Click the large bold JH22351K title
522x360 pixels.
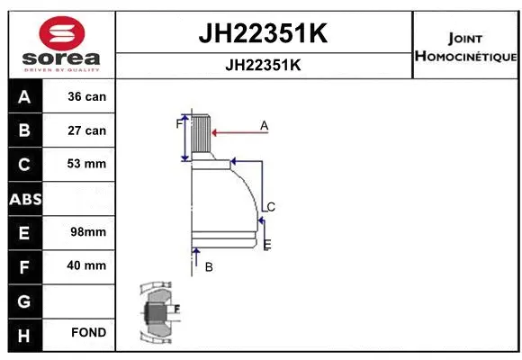(x=262, y=34)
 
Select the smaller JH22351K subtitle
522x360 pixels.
(x=262, y=65)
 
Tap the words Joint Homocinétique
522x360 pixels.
(x=464, y=48)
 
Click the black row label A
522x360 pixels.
(x=23, y=96)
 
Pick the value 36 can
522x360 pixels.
(x=86, y=96)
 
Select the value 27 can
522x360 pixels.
(x=86, y=130)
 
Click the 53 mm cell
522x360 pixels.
(x=86, y=164)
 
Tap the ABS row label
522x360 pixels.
(x=23, y=199)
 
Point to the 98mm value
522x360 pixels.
(x=86, y=232)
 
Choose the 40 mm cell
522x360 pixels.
(x=86, y=265)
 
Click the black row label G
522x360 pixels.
(x=23, y=300)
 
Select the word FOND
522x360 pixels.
(x=89, y=333)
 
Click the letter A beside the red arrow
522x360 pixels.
(x=265, y=126)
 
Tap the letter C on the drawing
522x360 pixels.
(x=270, y=207)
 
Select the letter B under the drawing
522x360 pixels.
(x=209, y=267)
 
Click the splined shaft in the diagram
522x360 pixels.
(x=201, y=138)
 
